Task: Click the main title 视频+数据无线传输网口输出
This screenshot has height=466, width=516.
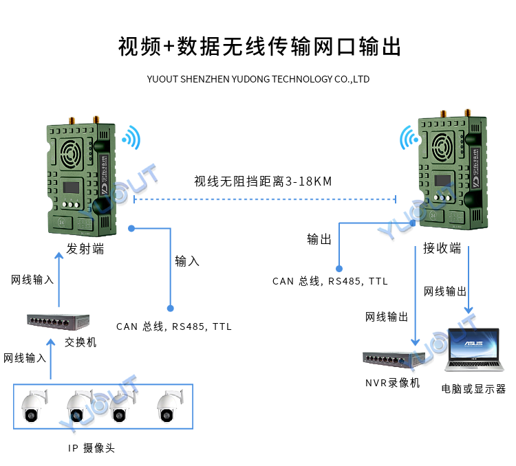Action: click(258, 46)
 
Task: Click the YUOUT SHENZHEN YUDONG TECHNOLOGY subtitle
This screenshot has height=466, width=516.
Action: click(258, 79)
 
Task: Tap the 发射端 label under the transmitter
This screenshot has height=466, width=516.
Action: click(85, 249)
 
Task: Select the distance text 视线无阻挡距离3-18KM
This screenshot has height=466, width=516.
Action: click(263, 181)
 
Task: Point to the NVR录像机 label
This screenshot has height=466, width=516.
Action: click(392, 383)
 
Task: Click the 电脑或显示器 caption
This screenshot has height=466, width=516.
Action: click(473, 388)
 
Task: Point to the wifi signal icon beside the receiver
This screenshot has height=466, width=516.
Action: click(411, 139)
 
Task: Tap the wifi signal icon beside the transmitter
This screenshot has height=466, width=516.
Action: click(130, 137)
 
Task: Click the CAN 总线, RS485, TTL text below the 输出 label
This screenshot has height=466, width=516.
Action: click(330, 281)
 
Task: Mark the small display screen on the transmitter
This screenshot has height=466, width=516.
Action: click(71, 187)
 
